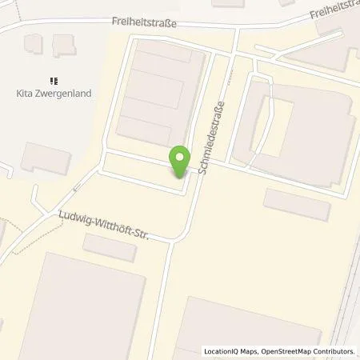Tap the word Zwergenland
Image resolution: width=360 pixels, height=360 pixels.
pos(65,94)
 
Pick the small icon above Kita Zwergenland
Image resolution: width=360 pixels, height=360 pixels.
pos(54,80)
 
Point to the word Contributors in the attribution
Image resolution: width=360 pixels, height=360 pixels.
pos(329,351)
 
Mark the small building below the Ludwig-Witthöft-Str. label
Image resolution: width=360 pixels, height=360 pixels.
pos(110,247)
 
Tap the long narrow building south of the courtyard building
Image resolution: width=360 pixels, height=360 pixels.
pos(297,204)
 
